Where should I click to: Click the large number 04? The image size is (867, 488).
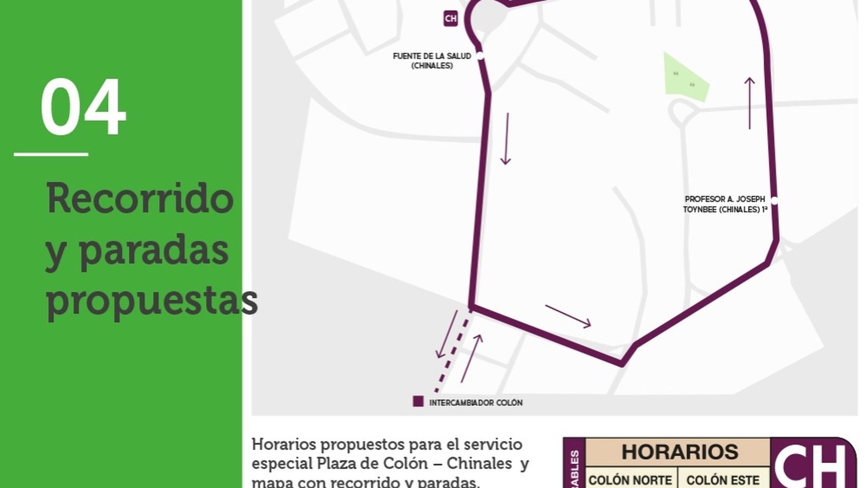pyautogui.click(x=83, y=107)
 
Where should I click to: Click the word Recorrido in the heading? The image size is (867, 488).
pyautogui.click(x=140, y=198)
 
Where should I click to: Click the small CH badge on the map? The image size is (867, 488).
pyautogui.click(x=450, y=18)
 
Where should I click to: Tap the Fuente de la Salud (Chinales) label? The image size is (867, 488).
pyautogui.click(x=432, y=61)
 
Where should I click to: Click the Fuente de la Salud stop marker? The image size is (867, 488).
pyautogui.click(x=480, y=56)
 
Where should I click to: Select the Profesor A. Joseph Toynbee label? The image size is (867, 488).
pyautogui.click(x=725, y=204)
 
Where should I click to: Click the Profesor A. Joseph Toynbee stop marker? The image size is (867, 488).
pyautogui.click(x=774, y=201)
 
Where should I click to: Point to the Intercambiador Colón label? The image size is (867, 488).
pyautogui.click(x=476, y=403)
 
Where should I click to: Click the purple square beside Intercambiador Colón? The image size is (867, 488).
pyautogui.click(x=418, y=401)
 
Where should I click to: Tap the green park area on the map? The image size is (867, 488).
pyautogui.click(x=684, y=79)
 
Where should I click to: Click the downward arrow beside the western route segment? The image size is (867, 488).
pyautogui.click(x=506, y=139)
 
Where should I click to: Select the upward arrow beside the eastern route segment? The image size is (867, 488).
pyautogui.click(x=749, y=103)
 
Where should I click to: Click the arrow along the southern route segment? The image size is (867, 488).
pyautogui.click(x=568, y=316)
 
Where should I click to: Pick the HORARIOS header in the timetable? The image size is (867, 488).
pyautogui.click(x=680, y=452)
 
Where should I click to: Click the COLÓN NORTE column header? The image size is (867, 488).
pyautogui.click(x=630, y=480)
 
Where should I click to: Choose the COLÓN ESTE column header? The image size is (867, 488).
pyautogui.click(x=723, y=480)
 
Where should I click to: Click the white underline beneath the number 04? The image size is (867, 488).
pyautogui.click(x=51, y=155)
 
